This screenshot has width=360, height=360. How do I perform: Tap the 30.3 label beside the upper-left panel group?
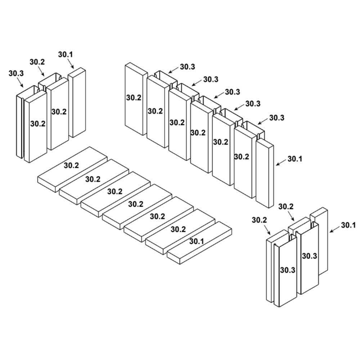coord(16,73)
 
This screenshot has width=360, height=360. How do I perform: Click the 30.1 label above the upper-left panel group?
coord(66,55)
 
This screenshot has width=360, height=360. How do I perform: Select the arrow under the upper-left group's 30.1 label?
coord(71,64)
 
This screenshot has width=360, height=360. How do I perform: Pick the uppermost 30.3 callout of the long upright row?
coord(188,67)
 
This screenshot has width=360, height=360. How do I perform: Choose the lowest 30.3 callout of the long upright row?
coord(276,118)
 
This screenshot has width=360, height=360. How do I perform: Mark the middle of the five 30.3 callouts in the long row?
coord(232,92)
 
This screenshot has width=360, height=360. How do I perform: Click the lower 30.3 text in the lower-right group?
coord(288,270)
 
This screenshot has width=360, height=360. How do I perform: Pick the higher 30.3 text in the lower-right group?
coord(309,256)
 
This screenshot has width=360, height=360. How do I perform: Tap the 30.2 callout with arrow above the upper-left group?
coord(37,62)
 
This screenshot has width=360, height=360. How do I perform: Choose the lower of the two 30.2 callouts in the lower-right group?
coord(259,220)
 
